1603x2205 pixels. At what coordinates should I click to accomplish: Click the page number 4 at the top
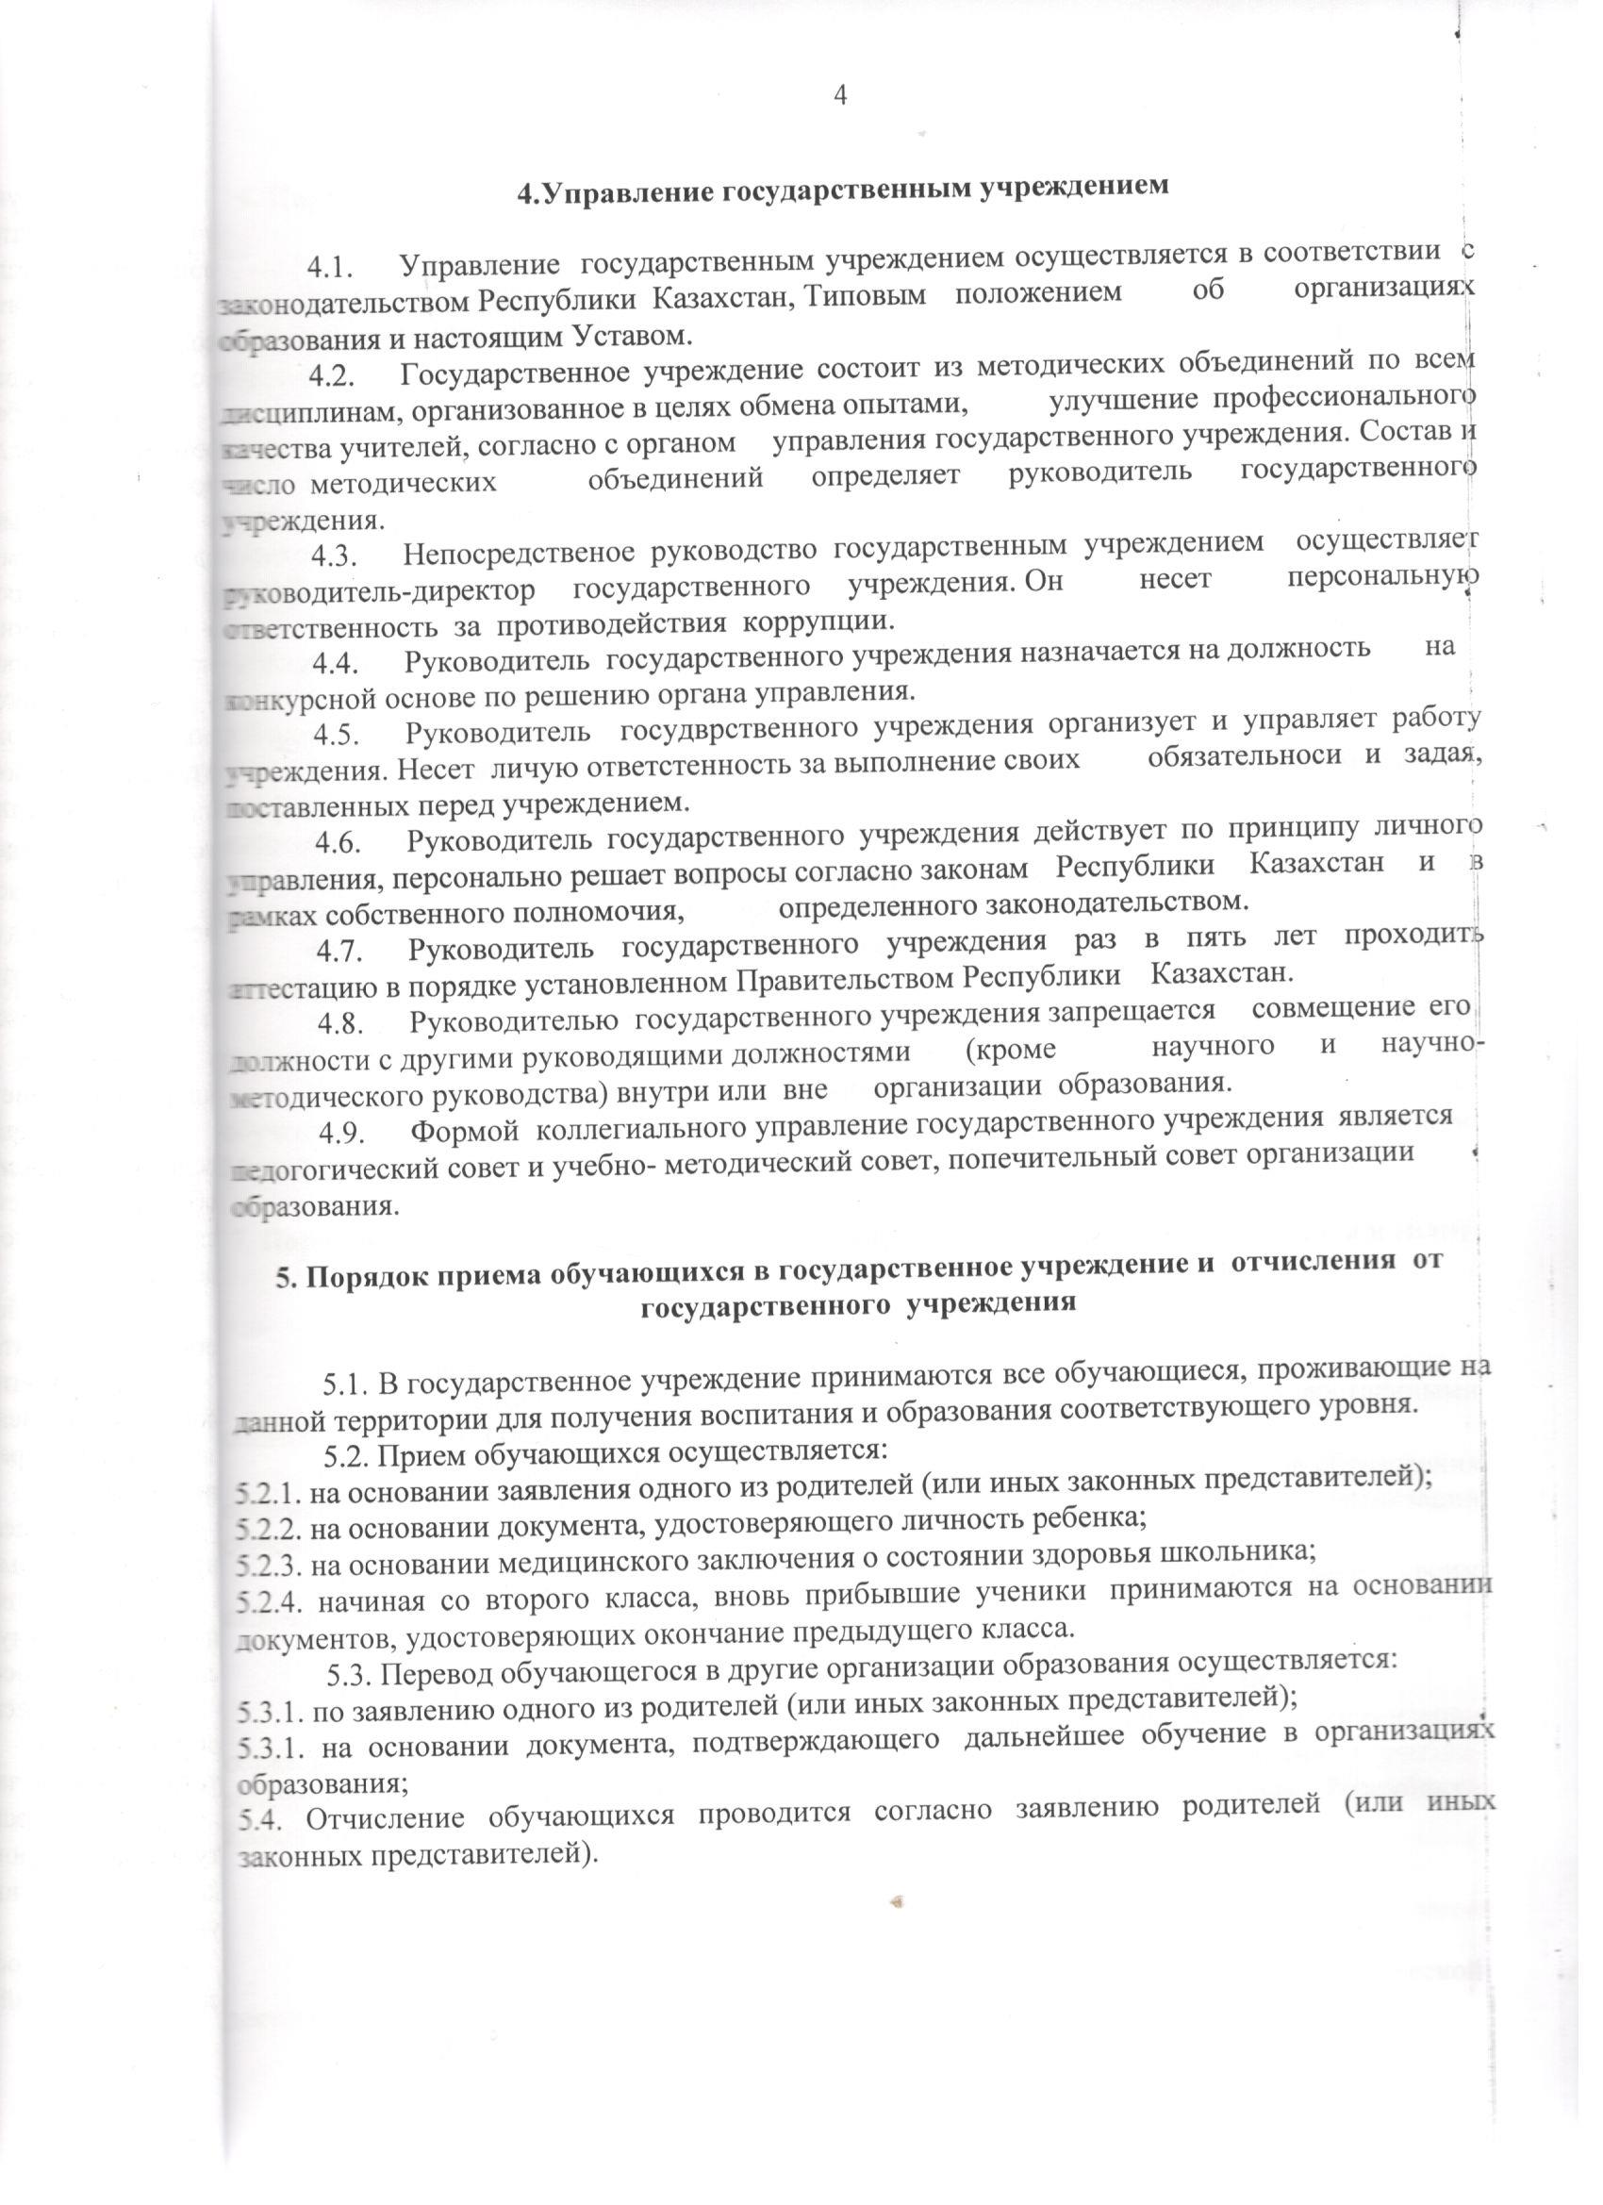842,94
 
